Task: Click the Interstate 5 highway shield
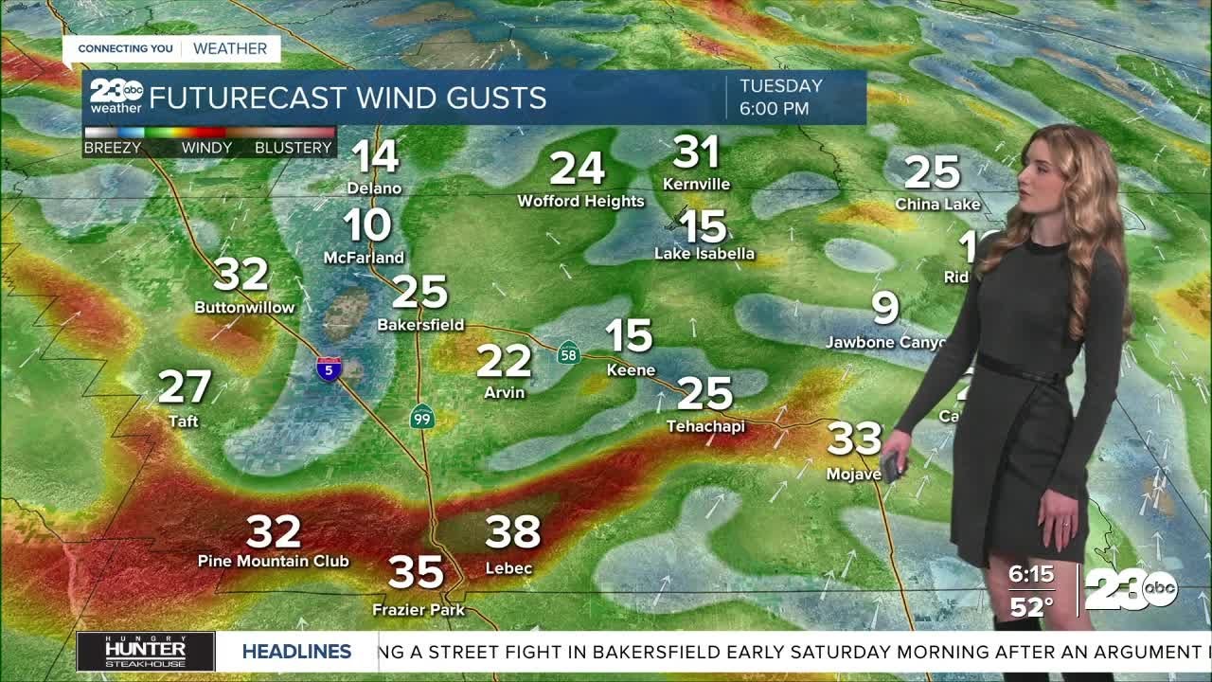[x=329, y=368]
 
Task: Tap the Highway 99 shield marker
[x=422, y=416]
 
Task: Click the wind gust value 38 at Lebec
[x=513, y=532]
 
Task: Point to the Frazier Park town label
[x=419, y=610]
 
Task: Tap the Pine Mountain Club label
[x=274, y=561]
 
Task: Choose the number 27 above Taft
[x=185, y=387]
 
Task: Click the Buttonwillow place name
[x=244, y=307]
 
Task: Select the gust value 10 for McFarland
[x=367, y=225]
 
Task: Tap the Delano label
[x=374, y=188]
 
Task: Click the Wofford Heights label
[x=580, y=201]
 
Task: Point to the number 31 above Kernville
[x=697, y=153]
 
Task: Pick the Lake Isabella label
[x=704, y=253]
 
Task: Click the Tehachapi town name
[x=705, y=426]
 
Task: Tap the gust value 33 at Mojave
[x=855, y=439]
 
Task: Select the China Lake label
[x=937, y=204]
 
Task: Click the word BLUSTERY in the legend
[x=294, y=148]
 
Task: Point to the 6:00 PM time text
[x=775, y=108]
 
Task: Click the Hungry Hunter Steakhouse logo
[x=146, y=652]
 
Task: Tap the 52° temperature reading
[x=1031, y=607]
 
